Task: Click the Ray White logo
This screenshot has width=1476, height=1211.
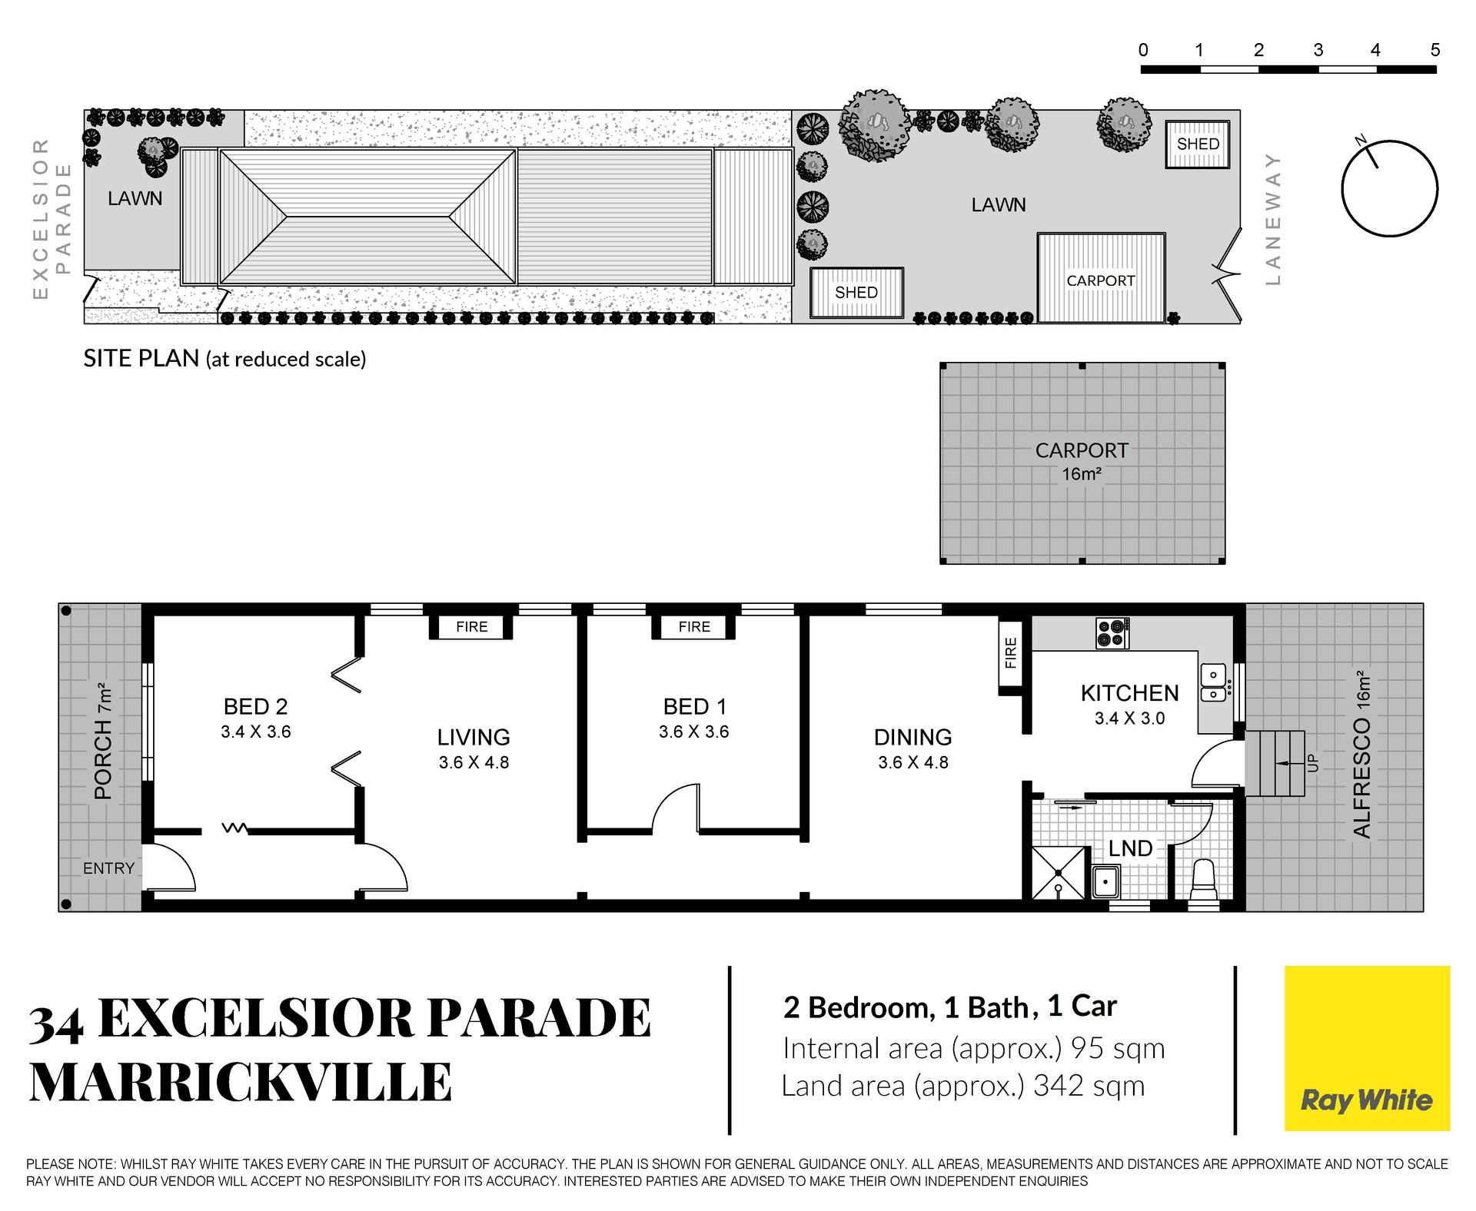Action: tap(1367, 1048)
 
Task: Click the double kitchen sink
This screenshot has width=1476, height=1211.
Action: tap(1214, 682)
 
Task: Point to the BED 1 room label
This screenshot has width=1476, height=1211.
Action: tap(694, 706)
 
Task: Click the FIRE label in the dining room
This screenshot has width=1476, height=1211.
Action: tap(1010, 652)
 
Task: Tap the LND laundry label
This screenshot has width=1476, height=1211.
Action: tap(1130, 848)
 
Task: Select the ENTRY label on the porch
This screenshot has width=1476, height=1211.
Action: tap(108, 868)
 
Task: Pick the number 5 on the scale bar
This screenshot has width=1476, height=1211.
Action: tap(1434, 50)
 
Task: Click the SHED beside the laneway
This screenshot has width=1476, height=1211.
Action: tap(1198, 144)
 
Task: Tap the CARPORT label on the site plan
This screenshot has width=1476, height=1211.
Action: tap(1100, 280)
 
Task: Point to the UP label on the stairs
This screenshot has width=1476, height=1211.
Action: tap(1313, 763)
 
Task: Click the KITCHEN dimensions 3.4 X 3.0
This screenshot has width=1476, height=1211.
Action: tap(1129, 718)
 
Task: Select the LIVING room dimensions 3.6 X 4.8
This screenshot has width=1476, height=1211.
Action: tap(474, 762)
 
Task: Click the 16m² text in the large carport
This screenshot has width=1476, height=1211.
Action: tap(1082, 474)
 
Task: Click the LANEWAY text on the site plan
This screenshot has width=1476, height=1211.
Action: tap(1273, 219)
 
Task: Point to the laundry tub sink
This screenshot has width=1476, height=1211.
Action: tap(1106, 881)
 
